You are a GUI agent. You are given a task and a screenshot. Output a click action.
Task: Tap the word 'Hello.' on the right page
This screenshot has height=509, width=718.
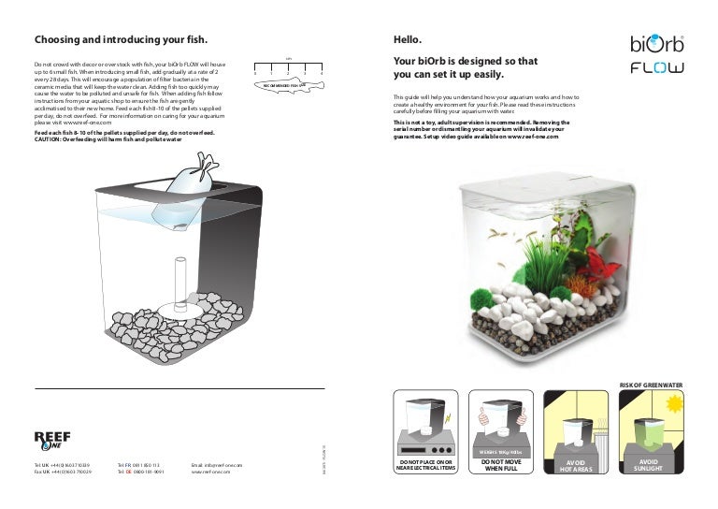point(408,40)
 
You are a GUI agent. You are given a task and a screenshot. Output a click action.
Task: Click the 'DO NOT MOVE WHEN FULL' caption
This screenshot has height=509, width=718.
point(501,466)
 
